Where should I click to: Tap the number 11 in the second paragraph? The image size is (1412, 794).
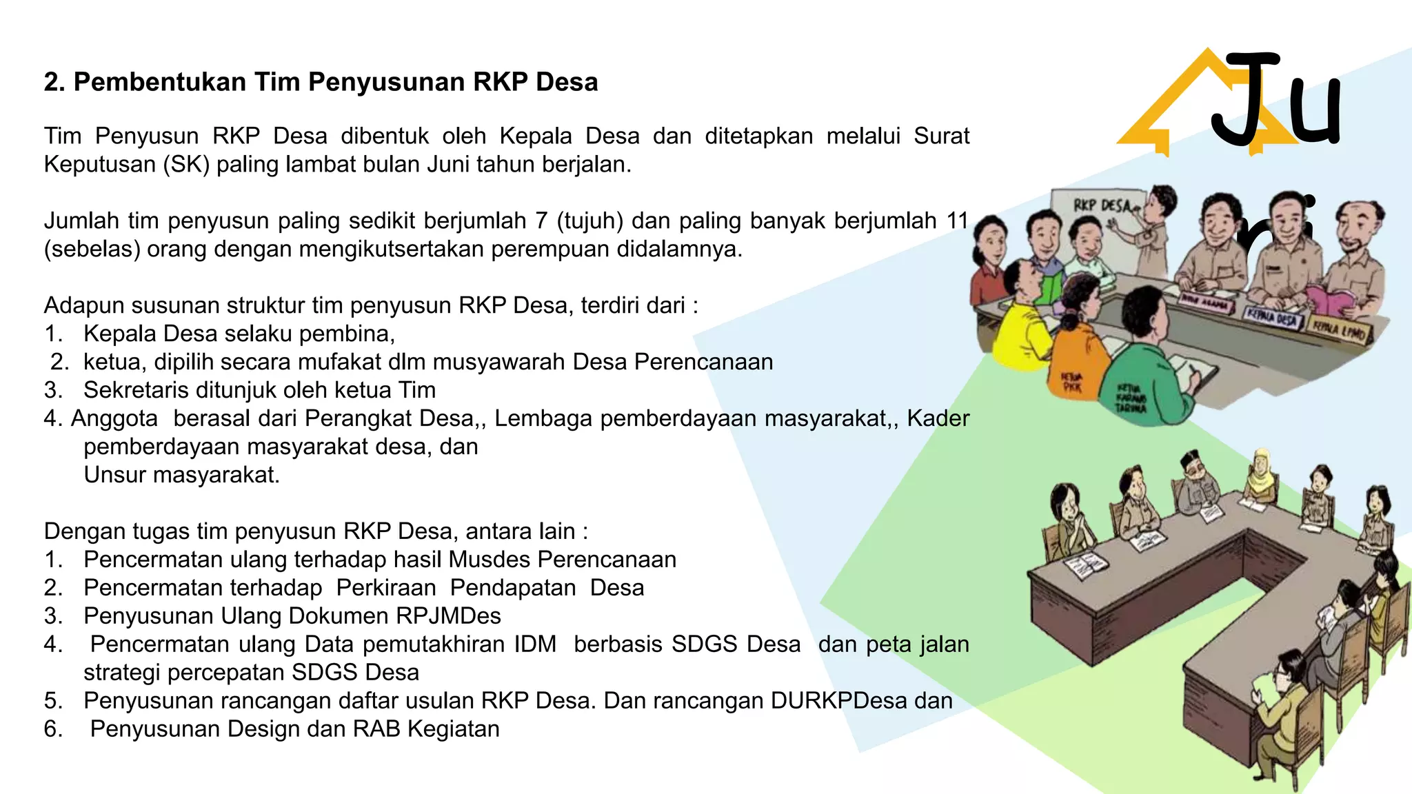coord(957,221)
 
